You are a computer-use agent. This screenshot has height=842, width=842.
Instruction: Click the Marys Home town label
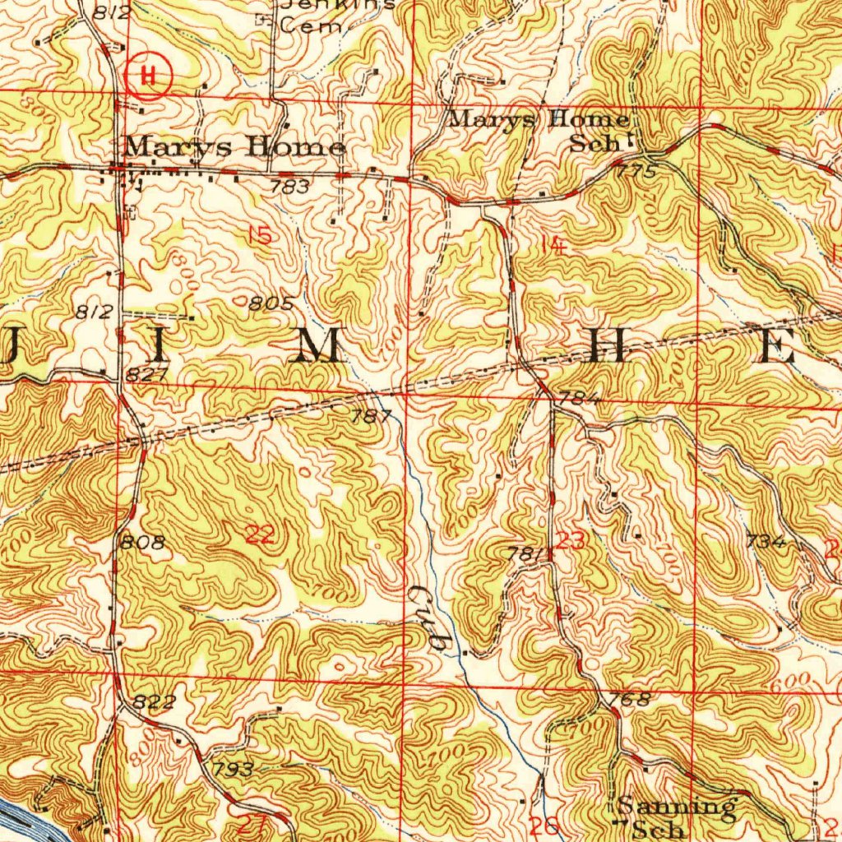pyautogui.click(x=234, y=148)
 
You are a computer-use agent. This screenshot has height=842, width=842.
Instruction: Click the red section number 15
pyautogui.click(x=260, y=236)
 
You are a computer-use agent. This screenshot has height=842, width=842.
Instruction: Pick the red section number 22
pyautogui.click(x=261, y=535)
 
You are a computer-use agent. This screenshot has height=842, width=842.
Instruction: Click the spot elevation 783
pyautogui.click(x=290, y=187)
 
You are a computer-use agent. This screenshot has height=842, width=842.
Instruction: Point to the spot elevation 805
pyautogui.click(x=272, y=303)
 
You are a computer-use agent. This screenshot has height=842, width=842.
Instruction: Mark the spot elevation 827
pyautogui.click(x=148, y=375)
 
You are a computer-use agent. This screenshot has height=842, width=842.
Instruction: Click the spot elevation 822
pyautogui.click(x=155, y=701)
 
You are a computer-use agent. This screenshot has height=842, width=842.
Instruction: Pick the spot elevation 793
pyautogui.click(x=233, y=770)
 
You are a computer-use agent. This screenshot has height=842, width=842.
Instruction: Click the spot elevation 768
pyautogui.click(x=631, y=699)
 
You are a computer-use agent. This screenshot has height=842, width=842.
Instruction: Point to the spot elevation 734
pyautogui.click(x=766, y=542)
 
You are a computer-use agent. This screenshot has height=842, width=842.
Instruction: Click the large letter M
pyautogui.click(x=317, y=349)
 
